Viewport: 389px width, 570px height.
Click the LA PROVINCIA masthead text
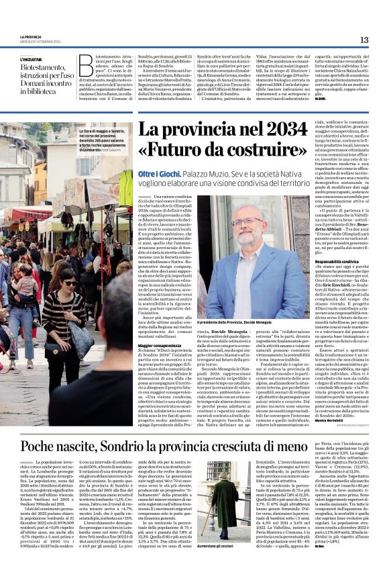point(31,37)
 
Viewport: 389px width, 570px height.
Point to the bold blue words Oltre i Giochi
point(157,173)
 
